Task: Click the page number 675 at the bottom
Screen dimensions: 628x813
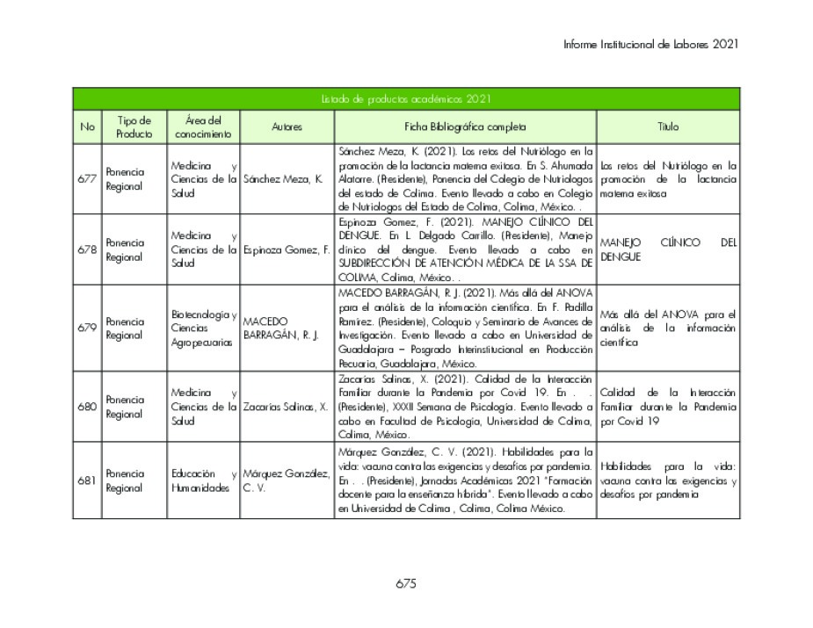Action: tap(405, 584)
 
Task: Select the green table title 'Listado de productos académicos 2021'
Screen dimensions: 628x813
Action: tap(405, 99)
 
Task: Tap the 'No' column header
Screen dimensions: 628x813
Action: tap(87, 127)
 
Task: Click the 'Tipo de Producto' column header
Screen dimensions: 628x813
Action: tap(134, 127)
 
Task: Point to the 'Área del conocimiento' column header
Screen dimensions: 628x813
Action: tap(203, 127)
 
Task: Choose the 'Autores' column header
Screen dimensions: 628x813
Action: tap(287, 127)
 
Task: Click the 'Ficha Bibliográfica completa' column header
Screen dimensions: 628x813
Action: tap(465, 127)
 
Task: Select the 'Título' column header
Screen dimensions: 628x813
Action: tap(668, 127)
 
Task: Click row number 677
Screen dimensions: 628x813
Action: tap(87, 179)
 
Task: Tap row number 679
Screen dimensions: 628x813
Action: tap(87, 328)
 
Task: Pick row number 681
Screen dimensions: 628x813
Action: tap(87, 480)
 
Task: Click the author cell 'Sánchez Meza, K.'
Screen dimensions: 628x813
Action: tap(283, 179)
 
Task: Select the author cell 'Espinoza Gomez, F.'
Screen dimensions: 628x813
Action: tap(287, 249)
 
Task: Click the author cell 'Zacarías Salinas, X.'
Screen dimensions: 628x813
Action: tap(286, 407)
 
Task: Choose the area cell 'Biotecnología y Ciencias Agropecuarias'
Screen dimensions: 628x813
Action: tap(203, 328)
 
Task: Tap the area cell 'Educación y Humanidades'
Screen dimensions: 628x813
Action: tap(203, 480)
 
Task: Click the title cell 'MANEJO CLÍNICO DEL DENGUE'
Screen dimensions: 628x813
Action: tap(668, 249)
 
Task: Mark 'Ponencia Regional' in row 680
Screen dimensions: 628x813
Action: tap(125, 407)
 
